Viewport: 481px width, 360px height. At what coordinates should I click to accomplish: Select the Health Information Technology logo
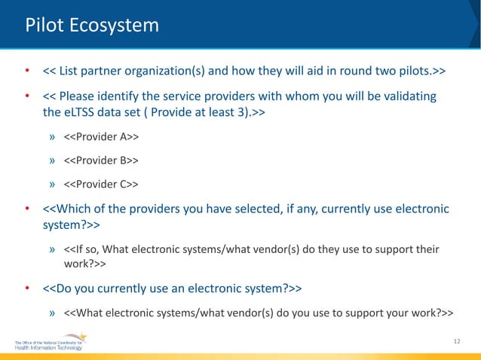click(x=50, y=345)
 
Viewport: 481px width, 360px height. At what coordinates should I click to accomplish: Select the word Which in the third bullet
click(x=74, y=209)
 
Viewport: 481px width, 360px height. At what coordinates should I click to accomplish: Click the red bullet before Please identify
click(x=26, y=97)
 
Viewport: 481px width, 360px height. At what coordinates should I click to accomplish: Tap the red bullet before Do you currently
click(x=26, y=288)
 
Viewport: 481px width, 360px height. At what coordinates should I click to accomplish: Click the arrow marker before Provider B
click(x=53, y=160)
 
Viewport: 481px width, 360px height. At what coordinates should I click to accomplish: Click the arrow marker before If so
click(x=53, y=249)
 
